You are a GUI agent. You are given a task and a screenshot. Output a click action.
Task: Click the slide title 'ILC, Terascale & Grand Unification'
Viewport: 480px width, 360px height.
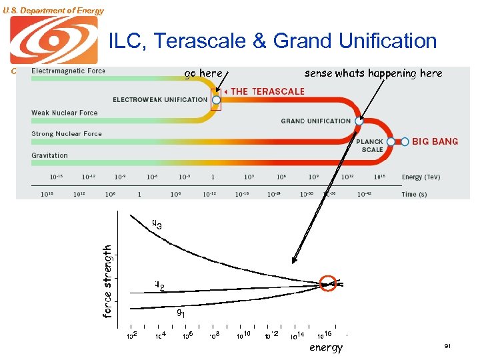[x=272, y=41]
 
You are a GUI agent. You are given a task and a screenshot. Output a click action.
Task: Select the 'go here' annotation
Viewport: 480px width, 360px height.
[x=203, y=73]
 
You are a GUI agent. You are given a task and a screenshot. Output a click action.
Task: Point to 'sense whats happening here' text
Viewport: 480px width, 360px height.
[x=373, y=73]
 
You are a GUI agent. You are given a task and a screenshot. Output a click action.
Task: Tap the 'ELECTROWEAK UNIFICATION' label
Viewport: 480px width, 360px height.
[x=160, y=100]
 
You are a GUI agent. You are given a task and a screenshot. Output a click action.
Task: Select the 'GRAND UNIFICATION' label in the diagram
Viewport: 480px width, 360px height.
[x=315, y=121]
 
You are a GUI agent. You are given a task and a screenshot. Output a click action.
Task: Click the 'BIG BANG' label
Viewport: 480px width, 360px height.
[x=435, y=142]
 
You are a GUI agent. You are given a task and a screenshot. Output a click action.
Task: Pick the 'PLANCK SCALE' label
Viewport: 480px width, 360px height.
[x=371, y=145]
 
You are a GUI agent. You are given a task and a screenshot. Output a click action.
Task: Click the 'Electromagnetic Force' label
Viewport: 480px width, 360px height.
[x=68, y=71]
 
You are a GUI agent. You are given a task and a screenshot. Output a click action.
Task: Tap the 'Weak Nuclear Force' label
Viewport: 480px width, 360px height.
[x=64, y=113]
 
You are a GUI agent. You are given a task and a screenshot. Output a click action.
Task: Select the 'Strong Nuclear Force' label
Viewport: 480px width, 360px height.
[x=67, y=134]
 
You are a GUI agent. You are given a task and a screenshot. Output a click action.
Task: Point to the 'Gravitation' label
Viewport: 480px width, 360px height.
[x=49, y=155]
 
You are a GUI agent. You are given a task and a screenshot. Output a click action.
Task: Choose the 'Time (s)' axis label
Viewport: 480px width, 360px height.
[x=414, y=195]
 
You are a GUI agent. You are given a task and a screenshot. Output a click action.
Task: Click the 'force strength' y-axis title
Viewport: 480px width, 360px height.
[x=107, y=280]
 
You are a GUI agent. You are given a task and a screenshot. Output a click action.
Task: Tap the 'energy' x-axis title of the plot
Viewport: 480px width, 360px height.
[x=326, y=347]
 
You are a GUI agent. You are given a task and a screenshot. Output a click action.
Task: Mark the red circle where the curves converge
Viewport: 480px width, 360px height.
[x=329, y=283]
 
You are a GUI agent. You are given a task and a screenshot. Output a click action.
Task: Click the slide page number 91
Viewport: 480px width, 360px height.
[x=447, y=347]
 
